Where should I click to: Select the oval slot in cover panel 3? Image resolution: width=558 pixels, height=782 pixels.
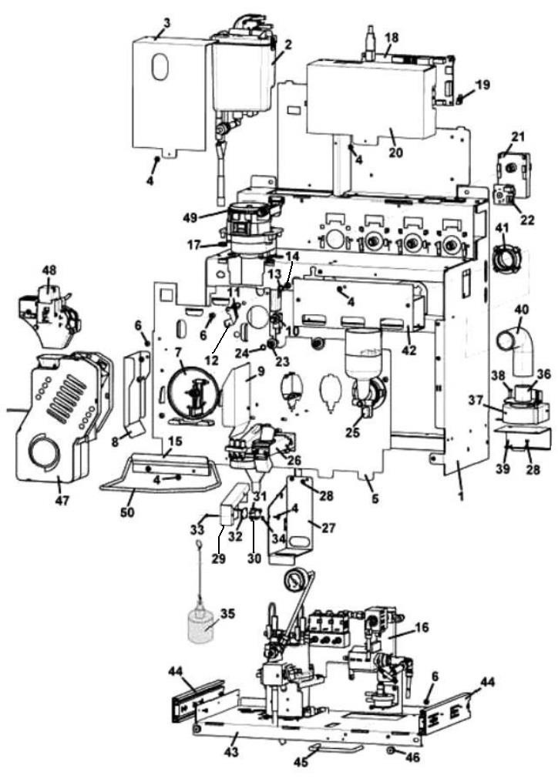coord(160,67)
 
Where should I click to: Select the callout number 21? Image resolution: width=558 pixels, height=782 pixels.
coord(517,137)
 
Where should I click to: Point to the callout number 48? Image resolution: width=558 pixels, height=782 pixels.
coord(50,271)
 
